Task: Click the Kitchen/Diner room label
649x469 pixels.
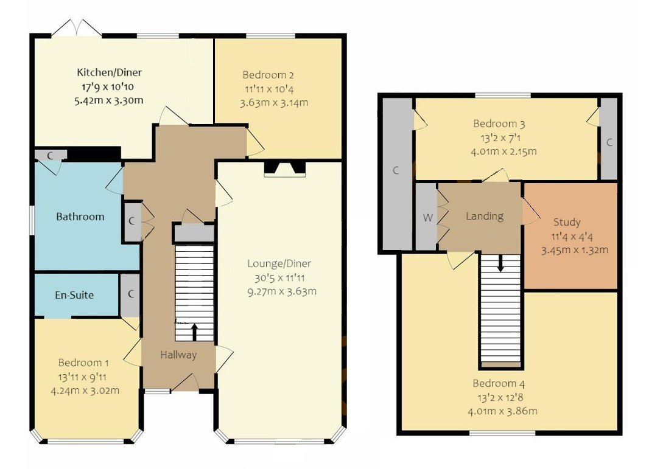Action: [105, 72]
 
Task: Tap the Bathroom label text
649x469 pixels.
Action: [80, 217]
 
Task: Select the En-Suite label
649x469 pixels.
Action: [74, 295]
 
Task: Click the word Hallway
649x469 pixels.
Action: [178, 355]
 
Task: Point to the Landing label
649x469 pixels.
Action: [485, 216]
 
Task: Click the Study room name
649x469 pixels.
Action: [567, 222]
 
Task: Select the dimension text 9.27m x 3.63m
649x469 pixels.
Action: [282, 291]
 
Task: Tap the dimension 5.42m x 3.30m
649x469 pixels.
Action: [105, 100]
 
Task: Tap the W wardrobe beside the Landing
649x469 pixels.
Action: [427, 217]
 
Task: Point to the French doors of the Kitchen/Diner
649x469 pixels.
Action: [77, 29]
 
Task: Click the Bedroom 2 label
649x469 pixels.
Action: [268, 75]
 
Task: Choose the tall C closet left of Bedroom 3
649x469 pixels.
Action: [396, 171]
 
